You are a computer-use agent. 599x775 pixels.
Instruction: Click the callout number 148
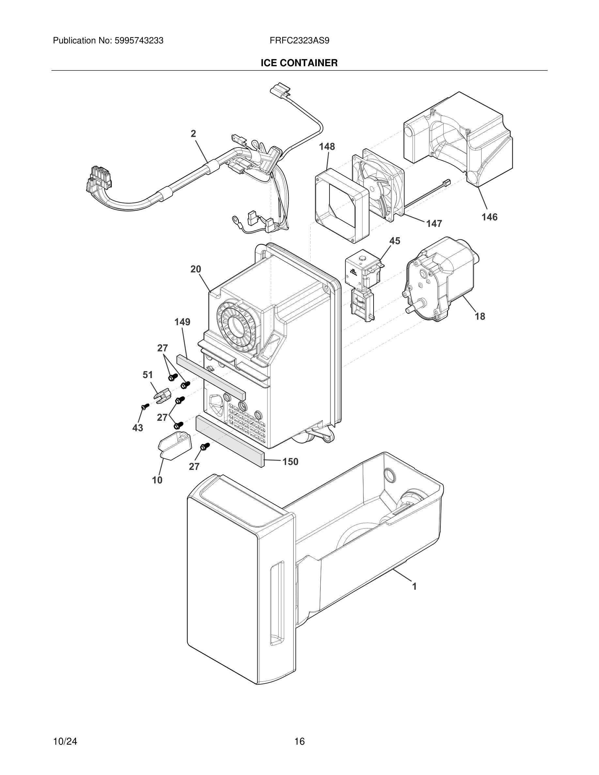pos(327,146)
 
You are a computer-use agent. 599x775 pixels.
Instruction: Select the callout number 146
pos(489,217)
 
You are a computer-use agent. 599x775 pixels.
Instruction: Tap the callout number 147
pos(434,223)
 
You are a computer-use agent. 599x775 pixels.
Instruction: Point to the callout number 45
pos(394,241)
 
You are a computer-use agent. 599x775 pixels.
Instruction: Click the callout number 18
pos(480,316)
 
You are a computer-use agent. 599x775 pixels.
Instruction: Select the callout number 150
pos(290,462)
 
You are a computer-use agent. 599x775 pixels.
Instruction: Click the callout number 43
pos(138,428)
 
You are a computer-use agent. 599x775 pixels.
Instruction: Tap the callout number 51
pos(147,375)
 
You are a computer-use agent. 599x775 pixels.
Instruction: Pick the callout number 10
pos(157,480)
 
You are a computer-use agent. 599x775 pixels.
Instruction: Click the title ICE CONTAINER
pos(299,63)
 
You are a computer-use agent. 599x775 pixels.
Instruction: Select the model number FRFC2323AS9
pos(299,41)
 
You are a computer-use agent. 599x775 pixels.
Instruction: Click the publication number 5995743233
pos(139,41)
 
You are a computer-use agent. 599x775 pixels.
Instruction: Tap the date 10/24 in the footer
pos(65,741)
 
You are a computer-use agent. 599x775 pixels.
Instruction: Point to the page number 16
pos(299,741)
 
